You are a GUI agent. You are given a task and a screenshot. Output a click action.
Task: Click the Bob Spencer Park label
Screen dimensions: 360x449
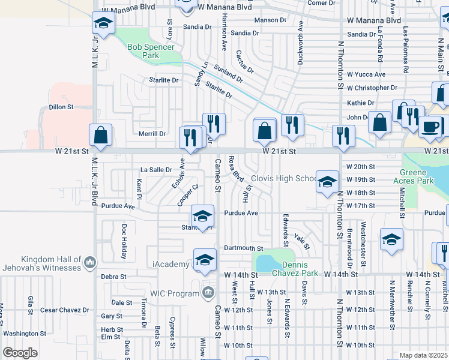(x=151, y=51)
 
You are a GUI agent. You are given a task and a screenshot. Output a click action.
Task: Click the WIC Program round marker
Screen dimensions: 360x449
(x=208, y=293)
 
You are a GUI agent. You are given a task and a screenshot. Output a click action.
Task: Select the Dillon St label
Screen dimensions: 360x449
(x=61, y=107)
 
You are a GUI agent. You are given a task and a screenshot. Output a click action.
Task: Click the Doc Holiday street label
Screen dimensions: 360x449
(x=124, y=241)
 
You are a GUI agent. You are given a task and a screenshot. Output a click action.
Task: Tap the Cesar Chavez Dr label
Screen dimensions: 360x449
(x=65, y=310)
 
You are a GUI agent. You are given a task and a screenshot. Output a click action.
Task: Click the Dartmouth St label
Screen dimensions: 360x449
(x=244, y=248)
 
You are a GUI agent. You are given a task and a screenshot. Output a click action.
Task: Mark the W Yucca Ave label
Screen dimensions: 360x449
(x=366, y=74)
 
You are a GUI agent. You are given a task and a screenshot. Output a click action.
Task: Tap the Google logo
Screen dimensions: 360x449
(x=20, y=353)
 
